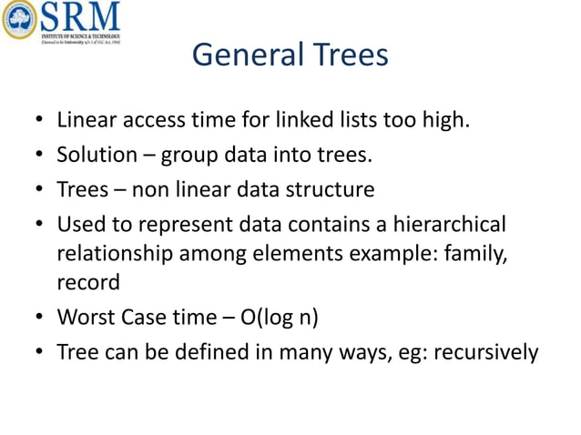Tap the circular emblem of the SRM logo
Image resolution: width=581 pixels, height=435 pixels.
pyautogui.click(x=18, y=19)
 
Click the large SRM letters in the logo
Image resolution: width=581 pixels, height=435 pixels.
pyautogui.click(x=79, y=15)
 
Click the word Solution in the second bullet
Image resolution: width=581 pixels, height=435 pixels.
pyautogui.click(x=95, y=155)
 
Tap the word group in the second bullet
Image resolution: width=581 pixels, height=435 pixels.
pyautogui.click(x=189, y=156)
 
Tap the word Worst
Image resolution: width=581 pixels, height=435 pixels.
pyautogui.click(x=85, y=318)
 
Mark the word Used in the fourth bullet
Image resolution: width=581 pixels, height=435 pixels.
pyautogui.click(x=79, y=225)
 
